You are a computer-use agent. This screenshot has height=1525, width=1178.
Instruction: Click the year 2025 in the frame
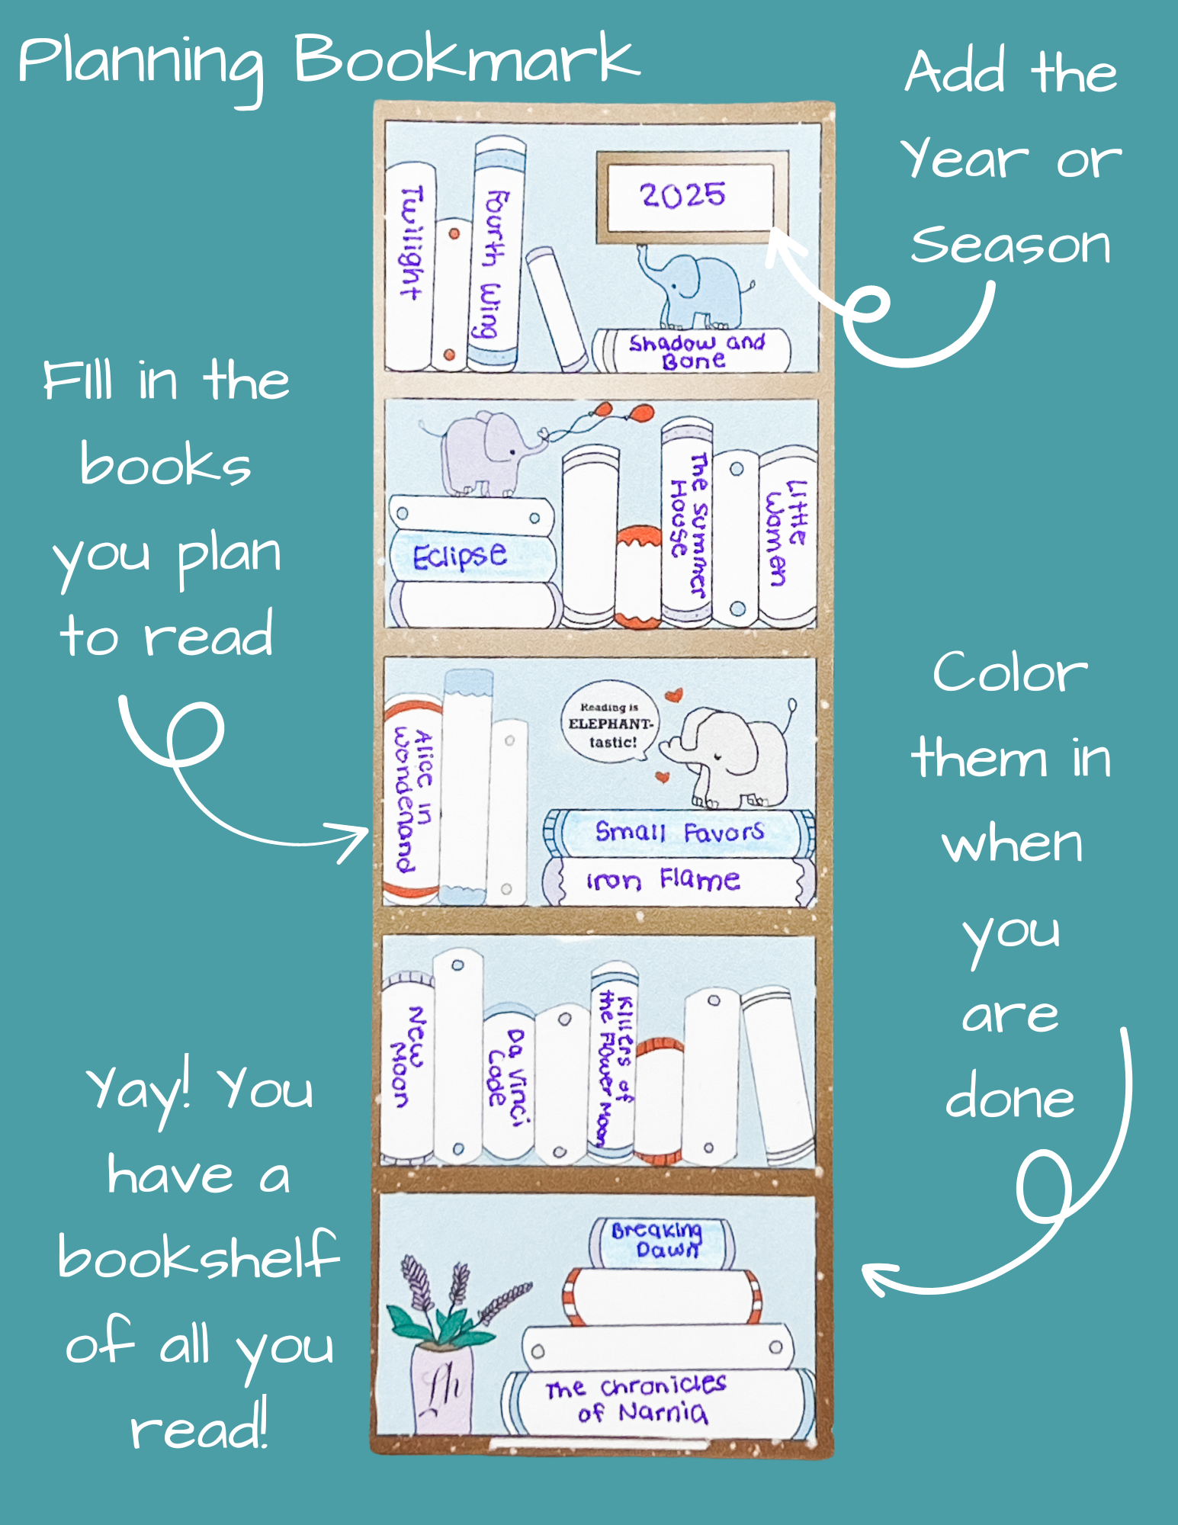click(682, 195)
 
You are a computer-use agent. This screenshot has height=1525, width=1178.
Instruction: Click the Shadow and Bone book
click(692, 351)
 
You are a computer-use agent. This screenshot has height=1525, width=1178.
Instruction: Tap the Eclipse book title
click(460, 556)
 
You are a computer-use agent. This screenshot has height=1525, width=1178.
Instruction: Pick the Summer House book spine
click(687, 522)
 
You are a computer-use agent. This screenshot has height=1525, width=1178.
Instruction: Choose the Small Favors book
click(679, 833)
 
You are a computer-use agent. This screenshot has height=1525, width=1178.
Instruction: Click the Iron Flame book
click(679, 881)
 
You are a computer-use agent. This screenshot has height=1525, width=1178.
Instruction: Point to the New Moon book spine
click(407, 1067)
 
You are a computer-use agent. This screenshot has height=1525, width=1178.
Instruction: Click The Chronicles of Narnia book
click(657, 1401)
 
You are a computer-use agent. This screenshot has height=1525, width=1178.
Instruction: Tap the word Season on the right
click(1010, 246)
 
